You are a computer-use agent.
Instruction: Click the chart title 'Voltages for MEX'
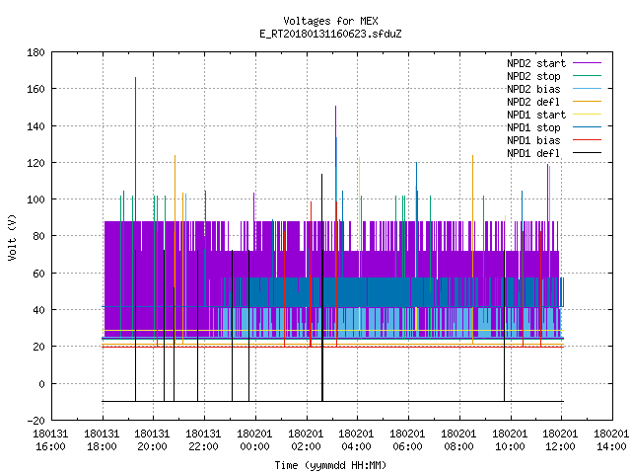330,21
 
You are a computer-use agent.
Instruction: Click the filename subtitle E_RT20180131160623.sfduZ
330,34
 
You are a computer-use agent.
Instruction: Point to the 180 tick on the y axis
35,52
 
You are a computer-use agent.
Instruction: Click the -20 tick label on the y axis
35,421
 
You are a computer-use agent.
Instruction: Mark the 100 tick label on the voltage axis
35,199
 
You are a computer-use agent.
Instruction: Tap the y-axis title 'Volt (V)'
12,237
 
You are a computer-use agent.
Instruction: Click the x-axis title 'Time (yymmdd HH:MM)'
330,465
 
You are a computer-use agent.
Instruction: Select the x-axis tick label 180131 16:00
50,440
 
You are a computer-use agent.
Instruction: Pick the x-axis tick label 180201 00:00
254,440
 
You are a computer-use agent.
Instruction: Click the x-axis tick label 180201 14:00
611,440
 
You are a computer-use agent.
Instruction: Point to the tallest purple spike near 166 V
136,149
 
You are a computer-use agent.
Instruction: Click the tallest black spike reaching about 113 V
322,287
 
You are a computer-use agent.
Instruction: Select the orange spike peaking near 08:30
473,250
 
